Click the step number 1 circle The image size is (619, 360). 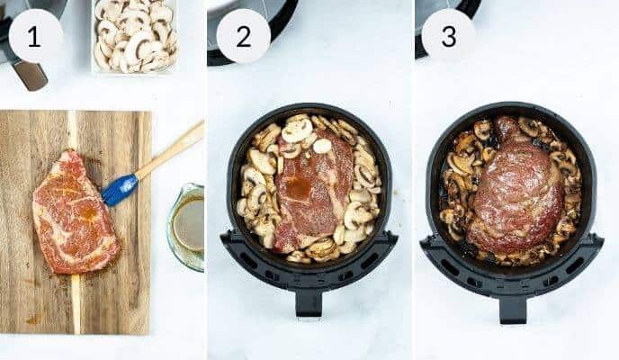35,36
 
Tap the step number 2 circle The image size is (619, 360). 243,36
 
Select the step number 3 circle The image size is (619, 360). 448,36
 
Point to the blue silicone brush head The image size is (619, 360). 119,189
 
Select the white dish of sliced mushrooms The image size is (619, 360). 135,36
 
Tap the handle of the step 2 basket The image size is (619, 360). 309,301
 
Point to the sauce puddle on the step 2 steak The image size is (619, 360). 300,186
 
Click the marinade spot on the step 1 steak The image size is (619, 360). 87,214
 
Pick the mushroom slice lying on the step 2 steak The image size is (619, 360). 322,146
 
